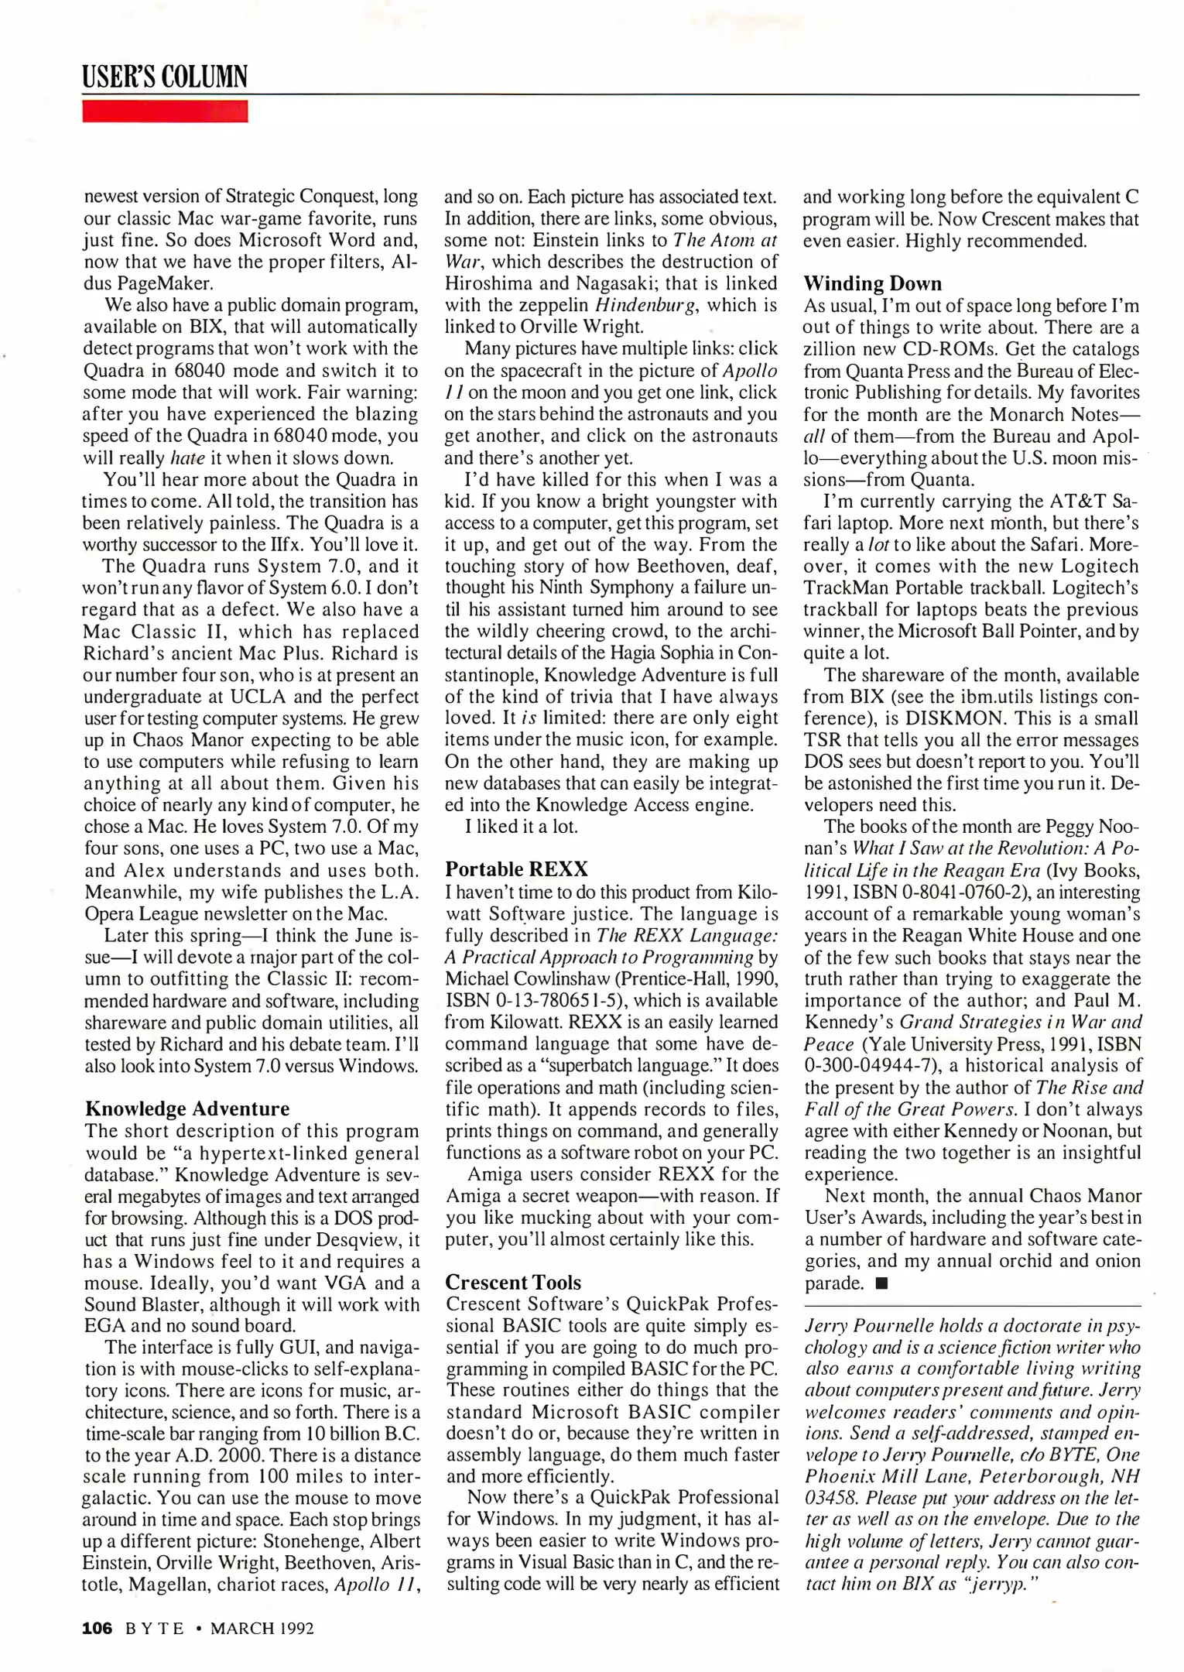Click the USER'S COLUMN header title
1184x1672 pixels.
coord(165,77)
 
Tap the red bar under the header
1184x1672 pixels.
coord(165,111)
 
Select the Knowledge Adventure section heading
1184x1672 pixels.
coord(187,1108)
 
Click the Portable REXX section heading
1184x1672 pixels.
coord(516,869)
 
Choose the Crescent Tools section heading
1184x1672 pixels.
coord(513,1282)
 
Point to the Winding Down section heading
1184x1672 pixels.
coord(872,283)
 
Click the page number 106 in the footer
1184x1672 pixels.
coord(98,1628)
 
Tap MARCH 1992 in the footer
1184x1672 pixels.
coord(262,1628)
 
